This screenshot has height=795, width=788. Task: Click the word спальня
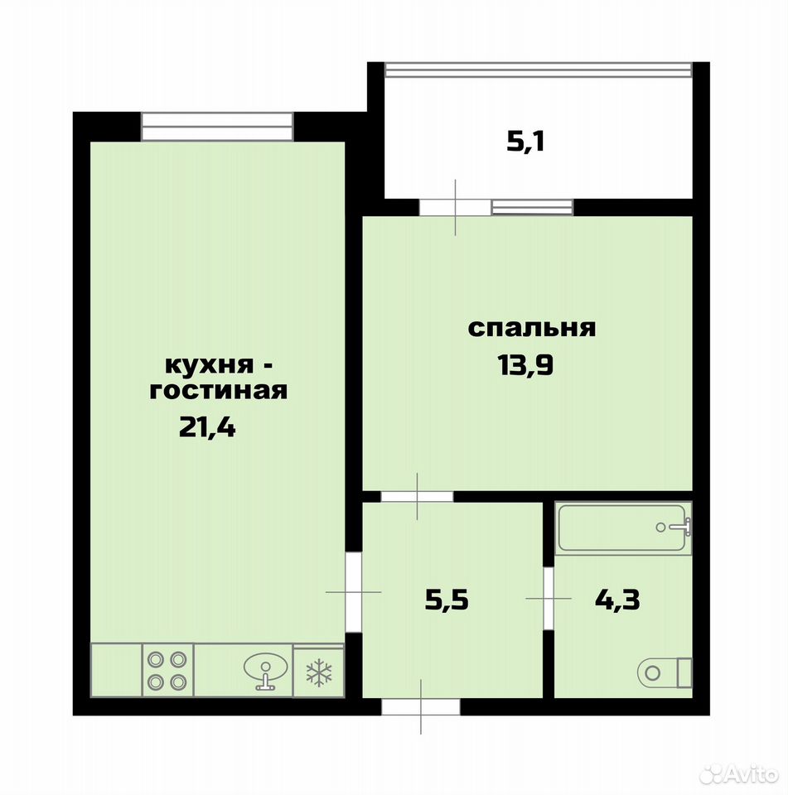click(x=531, y=328)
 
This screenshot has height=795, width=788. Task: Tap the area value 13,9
click(x=525, y=365)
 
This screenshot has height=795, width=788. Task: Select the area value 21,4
click(x=207, y=427)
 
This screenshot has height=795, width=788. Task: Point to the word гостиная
click(x=219, y=390)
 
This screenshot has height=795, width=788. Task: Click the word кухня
click(x=209, y=365)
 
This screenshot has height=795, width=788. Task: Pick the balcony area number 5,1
click(x=525, y=142)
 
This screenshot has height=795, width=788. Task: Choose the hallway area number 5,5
click(x=447, y=600)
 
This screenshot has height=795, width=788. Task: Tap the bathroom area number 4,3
click(x=617, y=600)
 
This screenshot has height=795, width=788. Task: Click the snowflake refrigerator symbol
click(x=319, y=672)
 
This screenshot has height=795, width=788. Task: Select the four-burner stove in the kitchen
click(x=167, y=671)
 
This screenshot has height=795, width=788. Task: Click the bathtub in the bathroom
click(x=623, y=528)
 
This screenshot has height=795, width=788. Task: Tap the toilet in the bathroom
click(x=664, y=672)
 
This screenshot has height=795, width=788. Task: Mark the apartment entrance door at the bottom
click(x=421, y=706)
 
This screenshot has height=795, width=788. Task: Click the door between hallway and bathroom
click(x=549, y=599)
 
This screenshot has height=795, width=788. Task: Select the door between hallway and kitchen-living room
click(x=353, y=592)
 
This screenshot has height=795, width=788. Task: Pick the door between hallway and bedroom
click(x=417, y=496)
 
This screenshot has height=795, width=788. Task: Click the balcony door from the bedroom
click(x=455, y=207)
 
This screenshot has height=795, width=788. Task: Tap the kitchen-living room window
click(x=217, y=127)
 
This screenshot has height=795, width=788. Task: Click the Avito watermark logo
click(x=739, y=774)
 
